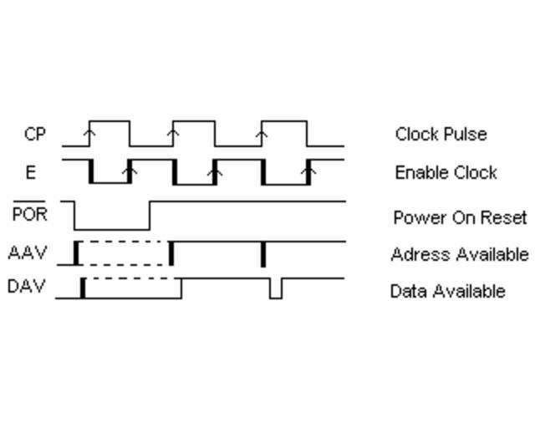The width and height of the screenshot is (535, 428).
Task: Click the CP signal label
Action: coord(34,134)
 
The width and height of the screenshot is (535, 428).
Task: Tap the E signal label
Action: coord(31,172)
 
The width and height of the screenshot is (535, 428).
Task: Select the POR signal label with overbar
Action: coord(31,214)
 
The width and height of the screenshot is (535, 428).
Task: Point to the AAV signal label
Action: coord(28,252)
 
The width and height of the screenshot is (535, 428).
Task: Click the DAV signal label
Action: coord(27,288)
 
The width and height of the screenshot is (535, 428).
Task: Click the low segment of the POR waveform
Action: coord(111,228)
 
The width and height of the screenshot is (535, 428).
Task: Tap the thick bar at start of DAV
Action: coord(82,288)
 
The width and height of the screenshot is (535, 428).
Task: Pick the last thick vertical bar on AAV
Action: coord(263,253)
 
